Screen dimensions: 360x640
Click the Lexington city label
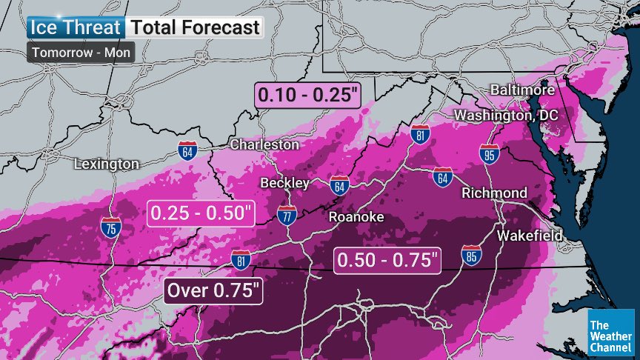tap(107, 163)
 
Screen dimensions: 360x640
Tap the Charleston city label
tap(264, 144)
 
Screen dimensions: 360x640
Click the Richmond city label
tap(494, 193)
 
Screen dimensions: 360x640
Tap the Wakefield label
tap(529, 235)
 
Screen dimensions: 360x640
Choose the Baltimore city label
tap(522, 90)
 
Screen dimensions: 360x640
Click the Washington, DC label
tap(507, 116)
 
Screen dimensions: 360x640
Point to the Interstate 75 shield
tap(110, 229)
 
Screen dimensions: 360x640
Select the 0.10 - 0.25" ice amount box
tap(307, 96)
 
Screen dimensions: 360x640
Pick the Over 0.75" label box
tap(214, 290)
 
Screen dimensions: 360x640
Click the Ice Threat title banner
tap(75, 28)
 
